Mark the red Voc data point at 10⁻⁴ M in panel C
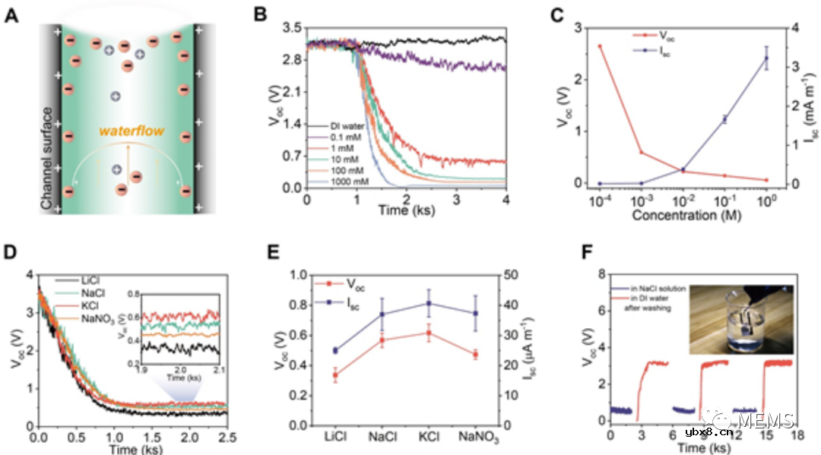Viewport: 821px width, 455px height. (600, 46)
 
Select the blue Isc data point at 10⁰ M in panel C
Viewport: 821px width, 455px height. (766, 58)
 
